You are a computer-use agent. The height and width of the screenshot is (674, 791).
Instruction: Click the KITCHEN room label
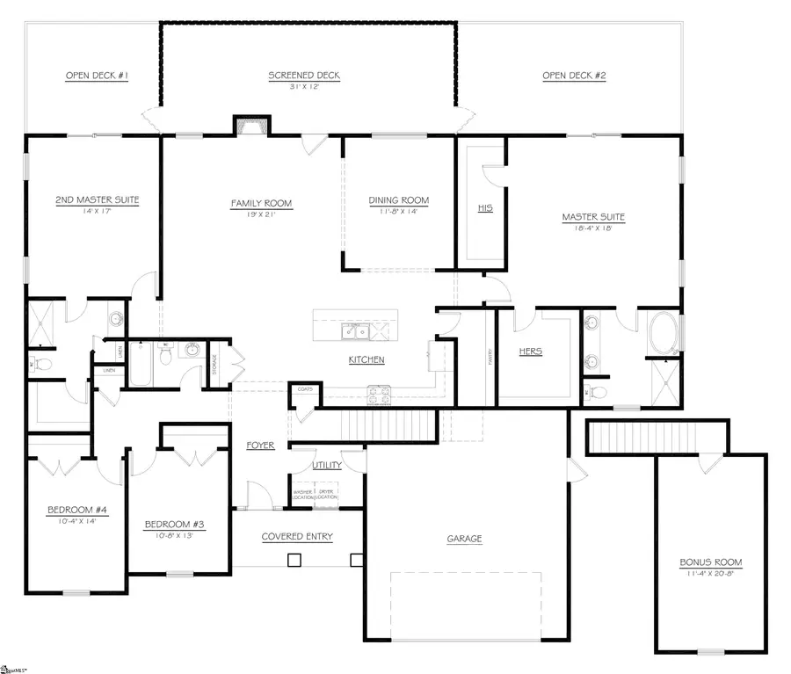click(x=366, y=360)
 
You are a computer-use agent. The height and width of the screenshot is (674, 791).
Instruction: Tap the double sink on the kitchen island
click(x=356, y=330)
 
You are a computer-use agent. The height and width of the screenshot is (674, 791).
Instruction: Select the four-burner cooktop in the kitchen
click(x=378, y=395)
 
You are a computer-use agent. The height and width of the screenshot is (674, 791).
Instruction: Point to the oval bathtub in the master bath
click(x=663, y=334)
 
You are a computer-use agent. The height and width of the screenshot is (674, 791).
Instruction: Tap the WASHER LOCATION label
click(x=302, y=495)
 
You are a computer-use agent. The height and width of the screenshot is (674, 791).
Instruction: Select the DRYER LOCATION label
click(x=327, y=495)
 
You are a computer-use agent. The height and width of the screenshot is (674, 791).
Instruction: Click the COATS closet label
click(x=306, y=389)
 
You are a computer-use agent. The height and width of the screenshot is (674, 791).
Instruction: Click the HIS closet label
click(x=484, y=208)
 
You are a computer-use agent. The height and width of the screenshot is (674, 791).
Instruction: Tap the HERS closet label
click(x=530, y=351)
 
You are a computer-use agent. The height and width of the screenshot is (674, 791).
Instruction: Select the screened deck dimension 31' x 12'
click(x=304, y=86)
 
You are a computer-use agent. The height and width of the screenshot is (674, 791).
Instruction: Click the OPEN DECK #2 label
click(x=574, y=76)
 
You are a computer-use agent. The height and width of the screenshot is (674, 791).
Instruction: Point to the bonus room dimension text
click(x=710, y=573)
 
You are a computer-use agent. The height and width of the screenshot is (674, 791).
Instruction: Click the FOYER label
click(x=260, y=446)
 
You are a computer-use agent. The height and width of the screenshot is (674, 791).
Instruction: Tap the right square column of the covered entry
click(x=356, y=559)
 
